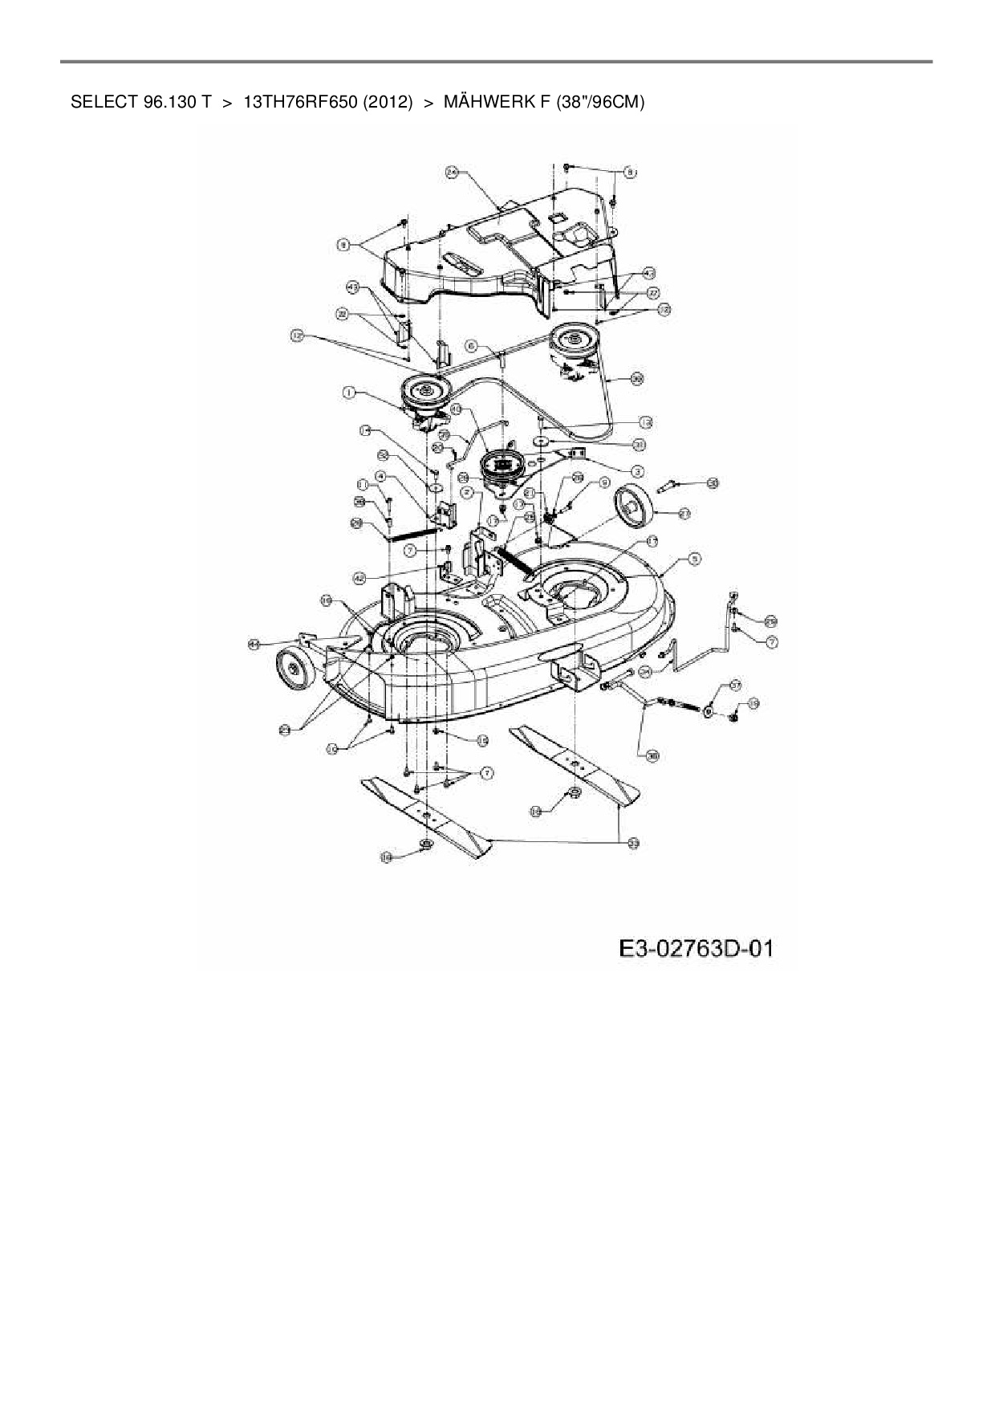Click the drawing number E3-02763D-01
point(696,949)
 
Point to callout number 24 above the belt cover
point(452,172)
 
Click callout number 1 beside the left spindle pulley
point(349,393)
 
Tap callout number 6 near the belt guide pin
point(472,345)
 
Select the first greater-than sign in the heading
point(227,102)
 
